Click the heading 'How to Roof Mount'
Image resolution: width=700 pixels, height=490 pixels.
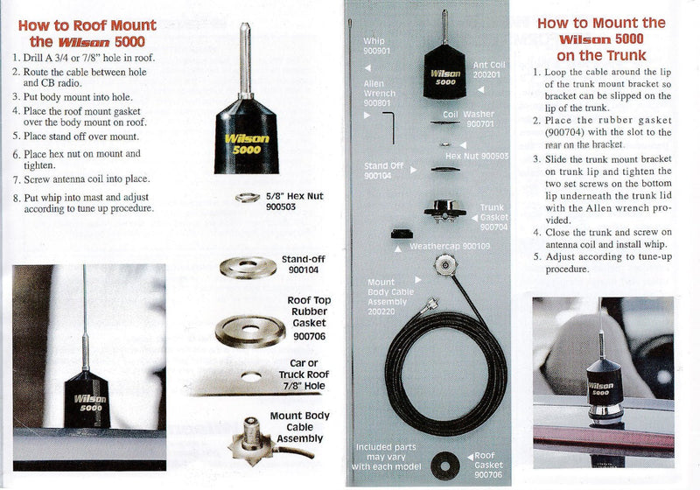coord(87,25)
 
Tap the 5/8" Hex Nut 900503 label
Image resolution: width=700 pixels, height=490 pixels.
coord(293,201)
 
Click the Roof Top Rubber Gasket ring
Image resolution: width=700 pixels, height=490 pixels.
coord(250,328)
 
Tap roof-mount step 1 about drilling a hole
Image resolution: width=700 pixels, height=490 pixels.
coord(83,57)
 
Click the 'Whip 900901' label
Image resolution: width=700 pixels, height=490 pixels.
coord(373,46)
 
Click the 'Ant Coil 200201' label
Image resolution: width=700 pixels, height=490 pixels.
coord(491,69)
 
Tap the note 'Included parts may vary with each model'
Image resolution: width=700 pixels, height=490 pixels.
coord(386,457)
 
